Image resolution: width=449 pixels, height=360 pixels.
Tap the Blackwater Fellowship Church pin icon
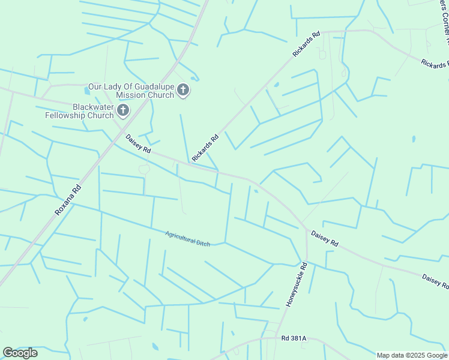coord(123,110)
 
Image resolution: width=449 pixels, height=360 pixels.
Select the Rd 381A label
coord(294,338)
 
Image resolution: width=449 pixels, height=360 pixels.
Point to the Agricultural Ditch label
coord(188,238)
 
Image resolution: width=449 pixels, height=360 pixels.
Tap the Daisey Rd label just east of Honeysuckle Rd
coord(324,238)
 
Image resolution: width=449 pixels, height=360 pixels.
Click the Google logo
coord(20,353)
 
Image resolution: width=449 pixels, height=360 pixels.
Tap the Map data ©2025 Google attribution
coord(412,355)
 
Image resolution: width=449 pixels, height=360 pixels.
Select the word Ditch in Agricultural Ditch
coord(203,242)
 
